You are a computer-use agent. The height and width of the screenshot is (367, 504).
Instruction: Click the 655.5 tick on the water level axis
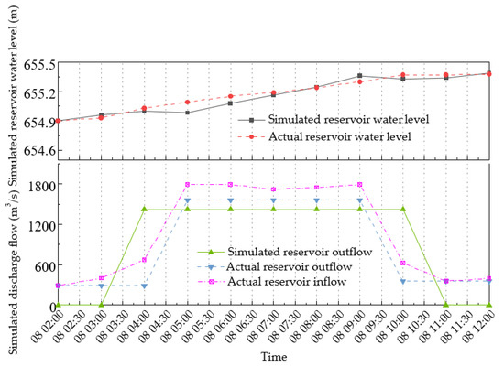coord(38,63)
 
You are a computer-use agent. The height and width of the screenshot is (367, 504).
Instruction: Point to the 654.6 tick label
coord(38,150)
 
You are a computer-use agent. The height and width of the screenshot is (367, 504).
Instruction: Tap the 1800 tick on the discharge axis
coord(38,184)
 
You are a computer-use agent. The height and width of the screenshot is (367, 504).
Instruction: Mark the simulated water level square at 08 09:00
coord(360,76)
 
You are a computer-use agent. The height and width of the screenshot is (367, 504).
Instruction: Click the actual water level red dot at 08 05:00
coord(187,103)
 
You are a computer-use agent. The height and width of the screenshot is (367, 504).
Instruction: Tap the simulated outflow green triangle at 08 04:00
coord(144,209)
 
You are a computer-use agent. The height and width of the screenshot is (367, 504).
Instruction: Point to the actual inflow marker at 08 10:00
coord(403,263)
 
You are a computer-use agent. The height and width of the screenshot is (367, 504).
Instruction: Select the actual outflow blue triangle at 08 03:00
coord(101,286)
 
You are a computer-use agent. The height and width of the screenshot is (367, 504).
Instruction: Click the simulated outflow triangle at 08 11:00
coord(446,305)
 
